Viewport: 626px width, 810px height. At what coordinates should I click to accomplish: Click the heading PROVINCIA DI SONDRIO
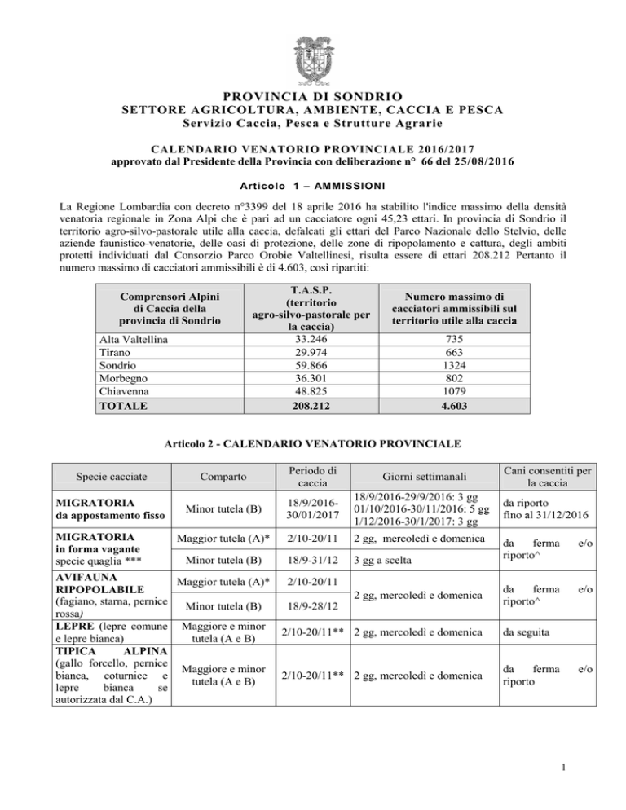313,96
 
